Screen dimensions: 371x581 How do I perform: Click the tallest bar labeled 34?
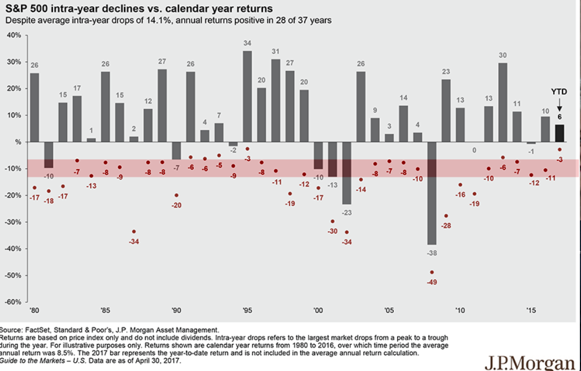click(247, 96)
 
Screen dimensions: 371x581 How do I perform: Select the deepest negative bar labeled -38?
click(432, 193)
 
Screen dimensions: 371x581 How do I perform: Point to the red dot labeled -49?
click(432, 272)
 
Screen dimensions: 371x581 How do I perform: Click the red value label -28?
click(446, 226)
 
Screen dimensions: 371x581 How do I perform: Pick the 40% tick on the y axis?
click(14, 35)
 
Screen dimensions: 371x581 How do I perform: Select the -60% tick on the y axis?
click(13, 302)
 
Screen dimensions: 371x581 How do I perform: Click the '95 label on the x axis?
click(247, 311)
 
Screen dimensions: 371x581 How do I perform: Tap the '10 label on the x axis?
click(460, 311)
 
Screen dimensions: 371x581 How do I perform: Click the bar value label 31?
click(276, 51)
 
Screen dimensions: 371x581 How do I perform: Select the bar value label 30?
click(502, 55)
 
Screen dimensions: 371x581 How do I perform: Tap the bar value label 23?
click(446, 71)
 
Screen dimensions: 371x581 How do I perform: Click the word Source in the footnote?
click(11, 330)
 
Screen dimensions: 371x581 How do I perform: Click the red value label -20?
click(177, 205)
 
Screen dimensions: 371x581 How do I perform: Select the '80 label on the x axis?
click(35, 311)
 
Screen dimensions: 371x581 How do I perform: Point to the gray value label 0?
click(474, 150)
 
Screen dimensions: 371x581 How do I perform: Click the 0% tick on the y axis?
click(16, 142)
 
